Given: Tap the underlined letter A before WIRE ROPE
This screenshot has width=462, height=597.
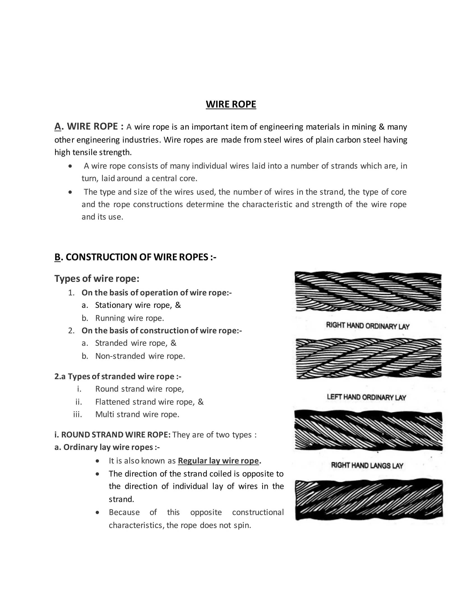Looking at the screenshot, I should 58,127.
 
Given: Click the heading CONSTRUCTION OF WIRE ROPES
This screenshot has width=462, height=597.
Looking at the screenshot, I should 141,257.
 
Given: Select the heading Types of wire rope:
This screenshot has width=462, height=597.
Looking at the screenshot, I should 97,278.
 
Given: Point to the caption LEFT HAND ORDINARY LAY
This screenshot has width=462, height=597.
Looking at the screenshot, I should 366,397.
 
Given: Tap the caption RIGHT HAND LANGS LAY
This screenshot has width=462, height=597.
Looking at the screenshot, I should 367,465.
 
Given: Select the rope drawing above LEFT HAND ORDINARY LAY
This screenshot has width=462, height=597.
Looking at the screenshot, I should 369,359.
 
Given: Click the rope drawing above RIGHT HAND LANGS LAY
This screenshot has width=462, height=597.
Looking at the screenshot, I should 368,431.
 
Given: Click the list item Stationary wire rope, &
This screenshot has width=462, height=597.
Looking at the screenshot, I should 138,305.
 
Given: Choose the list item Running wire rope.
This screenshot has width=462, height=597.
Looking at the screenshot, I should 129,318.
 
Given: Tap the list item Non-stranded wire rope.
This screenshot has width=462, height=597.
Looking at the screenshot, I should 140,356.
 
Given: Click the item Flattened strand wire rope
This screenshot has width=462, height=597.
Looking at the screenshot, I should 149,402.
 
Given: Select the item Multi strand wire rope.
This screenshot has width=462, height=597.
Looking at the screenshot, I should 137,414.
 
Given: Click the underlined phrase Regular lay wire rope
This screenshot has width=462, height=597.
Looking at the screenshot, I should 218,461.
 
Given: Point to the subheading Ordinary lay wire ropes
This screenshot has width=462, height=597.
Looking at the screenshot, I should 107,447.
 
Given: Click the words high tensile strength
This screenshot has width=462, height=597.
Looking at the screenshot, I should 93,152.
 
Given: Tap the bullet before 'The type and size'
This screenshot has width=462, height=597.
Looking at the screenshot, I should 70,192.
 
